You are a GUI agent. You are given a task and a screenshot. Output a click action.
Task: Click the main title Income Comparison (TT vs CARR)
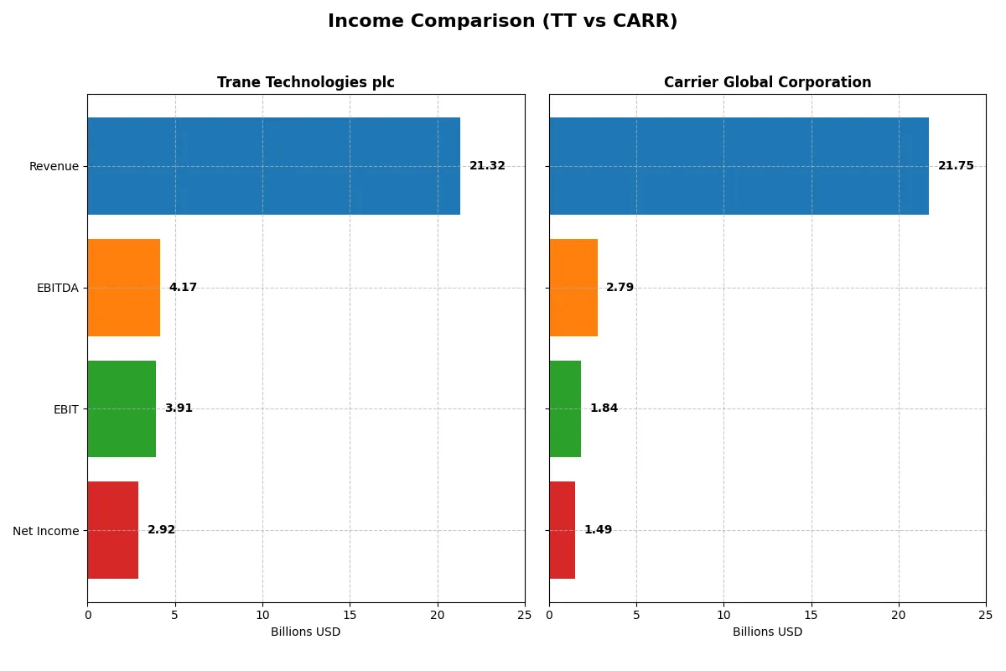(x=502, y=21)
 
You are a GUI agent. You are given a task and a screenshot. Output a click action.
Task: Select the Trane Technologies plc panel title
(x=305, y=82)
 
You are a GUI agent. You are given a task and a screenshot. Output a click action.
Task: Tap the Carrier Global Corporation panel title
(x=767, y=82)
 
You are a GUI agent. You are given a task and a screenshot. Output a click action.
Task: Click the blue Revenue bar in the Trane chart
(x=273, y=166)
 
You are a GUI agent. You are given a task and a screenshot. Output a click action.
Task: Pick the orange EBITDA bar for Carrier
(x=573, y=288)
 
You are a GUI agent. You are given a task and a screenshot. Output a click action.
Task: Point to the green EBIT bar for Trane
(x=122, y=408)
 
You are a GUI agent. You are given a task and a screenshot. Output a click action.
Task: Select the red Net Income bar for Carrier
(x=562, y=530)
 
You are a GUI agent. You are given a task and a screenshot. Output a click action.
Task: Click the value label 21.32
(x=487, y=166)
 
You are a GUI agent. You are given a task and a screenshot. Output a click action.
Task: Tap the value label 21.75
(x=956, y=166)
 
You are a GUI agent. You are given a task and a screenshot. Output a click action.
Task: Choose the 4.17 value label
(x=183, y=288)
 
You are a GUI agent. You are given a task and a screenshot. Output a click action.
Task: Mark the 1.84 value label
(x=604, y=408)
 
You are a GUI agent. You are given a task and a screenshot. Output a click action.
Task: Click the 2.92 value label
(x=161, y=530)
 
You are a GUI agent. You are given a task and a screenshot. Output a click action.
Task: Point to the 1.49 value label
(x=598, y=530)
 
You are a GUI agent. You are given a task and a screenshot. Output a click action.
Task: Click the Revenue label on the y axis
(x=54, y=166)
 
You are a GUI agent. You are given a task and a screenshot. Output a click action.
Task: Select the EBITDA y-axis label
(x=57, y=288)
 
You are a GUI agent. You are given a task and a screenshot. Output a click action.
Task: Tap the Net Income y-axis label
(x=45, y=531)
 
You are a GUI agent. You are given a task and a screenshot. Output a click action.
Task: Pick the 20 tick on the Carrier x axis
(x=899, y=615)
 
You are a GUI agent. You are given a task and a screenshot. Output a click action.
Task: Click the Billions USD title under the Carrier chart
(x=767, y=632)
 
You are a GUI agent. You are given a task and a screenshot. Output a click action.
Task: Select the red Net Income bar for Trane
(x=112, y=530)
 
